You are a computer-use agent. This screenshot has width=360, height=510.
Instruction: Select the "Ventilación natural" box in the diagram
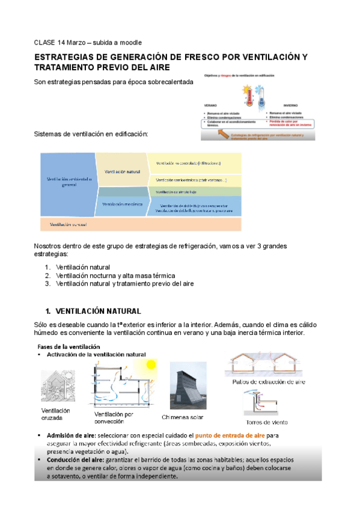[x=123, y=171]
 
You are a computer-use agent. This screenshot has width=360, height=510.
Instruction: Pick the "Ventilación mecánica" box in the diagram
[x=123, y=204]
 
